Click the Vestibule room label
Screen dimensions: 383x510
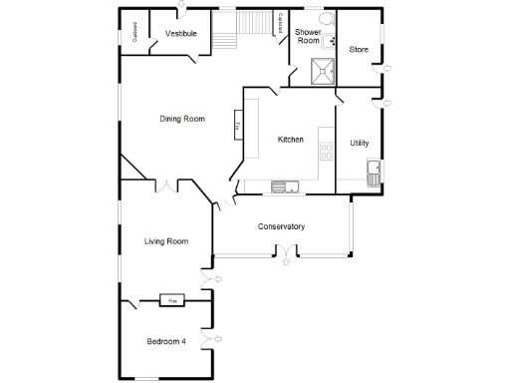(x=180, y=34)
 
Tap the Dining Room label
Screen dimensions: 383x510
(x=182, y=120)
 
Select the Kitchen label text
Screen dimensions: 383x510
(x=290, y=140)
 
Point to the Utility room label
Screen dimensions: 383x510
(x=359, y=143)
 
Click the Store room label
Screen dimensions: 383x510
(x=359, y=49)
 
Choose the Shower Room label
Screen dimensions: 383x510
(x=307, y=37)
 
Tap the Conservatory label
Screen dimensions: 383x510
(x=281, y=226)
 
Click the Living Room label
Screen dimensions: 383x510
(x=165, y=241)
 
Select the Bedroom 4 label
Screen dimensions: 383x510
(x=166, y=341)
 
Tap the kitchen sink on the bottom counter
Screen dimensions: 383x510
(x=281, y=185)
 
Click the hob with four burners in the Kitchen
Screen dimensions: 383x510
(x=325, y=152)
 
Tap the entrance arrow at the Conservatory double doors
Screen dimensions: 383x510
(x=287, y=262)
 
